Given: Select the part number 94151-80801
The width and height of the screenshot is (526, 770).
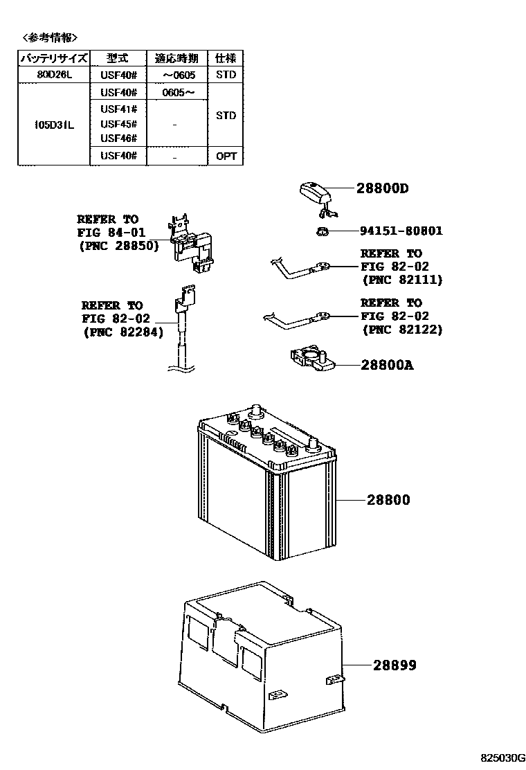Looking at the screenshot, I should coord(401,231).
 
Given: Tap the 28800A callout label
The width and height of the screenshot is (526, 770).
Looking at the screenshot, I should coord(386,365).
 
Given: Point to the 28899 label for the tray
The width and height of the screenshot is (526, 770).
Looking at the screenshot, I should coord(394,665).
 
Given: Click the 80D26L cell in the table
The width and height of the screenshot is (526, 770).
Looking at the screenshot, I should coord(53,74).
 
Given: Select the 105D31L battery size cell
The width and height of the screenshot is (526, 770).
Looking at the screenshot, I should coord(53,125).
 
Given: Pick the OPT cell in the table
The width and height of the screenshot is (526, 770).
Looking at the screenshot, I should coord(226,156).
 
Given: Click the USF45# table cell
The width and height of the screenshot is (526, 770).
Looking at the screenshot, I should coord(118,124).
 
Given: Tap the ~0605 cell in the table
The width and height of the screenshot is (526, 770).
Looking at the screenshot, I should coord(178,74).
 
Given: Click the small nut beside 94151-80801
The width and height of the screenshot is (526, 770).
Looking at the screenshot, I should coord(323,231).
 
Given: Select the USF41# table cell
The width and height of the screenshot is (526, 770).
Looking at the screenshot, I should coord(118,109).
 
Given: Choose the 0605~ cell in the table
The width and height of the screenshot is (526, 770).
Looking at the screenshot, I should coord(178,92).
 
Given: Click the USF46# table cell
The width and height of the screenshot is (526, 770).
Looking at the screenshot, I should coord(118,138).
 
